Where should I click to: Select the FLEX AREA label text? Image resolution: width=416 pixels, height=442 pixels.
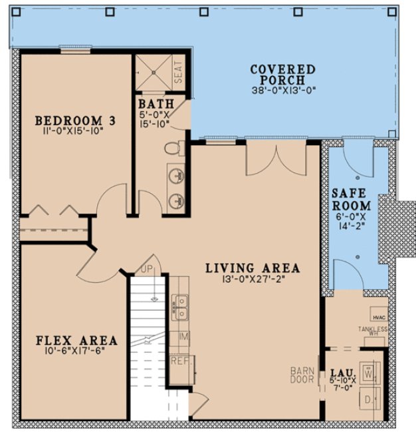point(76,340)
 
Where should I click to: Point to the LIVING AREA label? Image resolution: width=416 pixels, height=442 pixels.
point(252,269)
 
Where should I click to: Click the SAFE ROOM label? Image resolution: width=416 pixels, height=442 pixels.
point(351,199)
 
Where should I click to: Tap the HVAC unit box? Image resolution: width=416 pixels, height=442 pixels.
point(379,318)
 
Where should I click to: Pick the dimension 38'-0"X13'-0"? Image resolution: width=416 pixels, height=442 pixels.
point(282,91)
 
